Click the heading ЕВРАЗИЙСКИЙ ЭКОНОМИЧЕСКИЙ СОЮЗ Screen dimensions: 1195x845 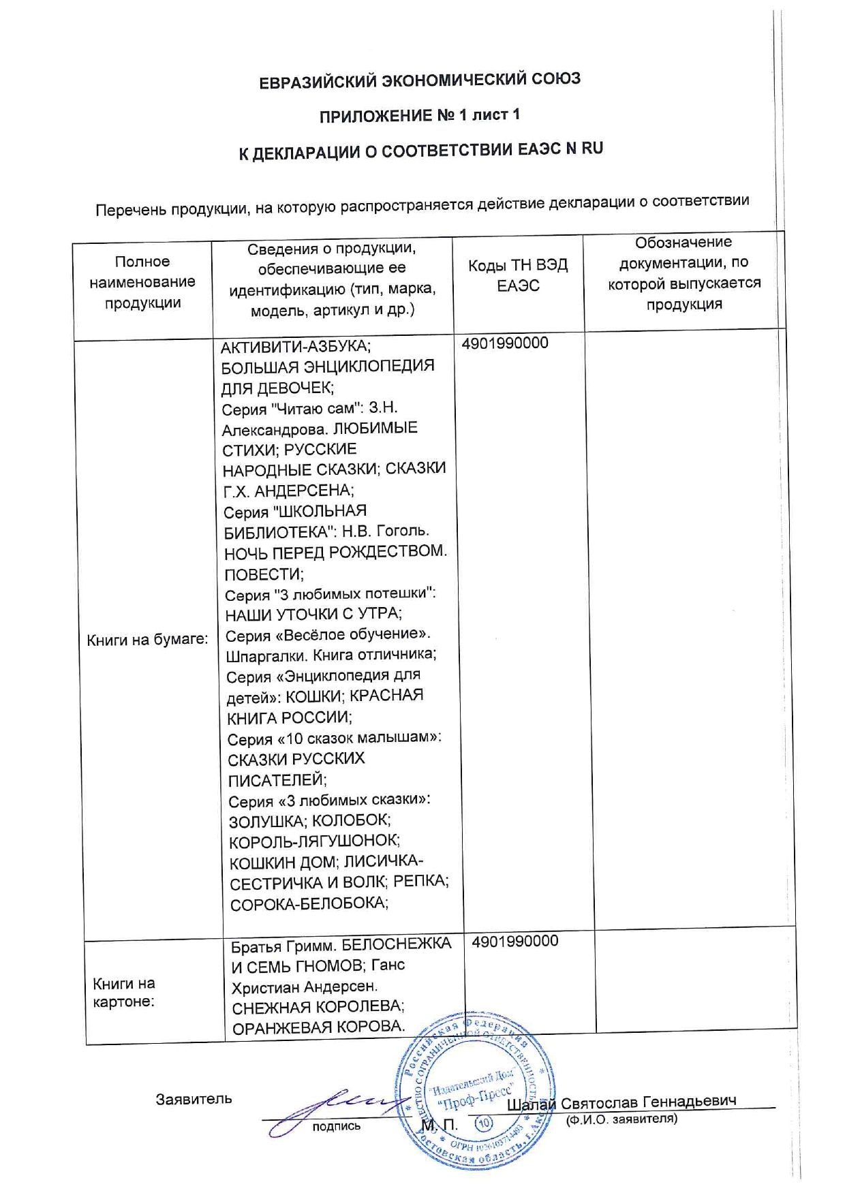(420, 80)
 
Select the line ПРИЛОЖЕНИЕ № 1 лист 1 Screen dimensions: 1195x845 (420, 115)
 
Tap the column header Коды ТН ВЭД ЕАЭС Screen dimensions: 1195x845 (518, 275)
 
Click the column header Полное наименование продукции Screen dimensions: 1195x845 (142, 282)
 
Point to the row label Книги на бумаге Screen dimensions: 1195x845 (147, 640)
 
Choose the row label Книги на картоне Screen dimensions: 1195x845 (124, 992)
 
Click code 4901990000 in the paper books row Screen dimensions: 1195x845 (505, 343)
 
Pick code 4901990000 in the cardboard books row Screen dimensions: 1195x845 (515, 941)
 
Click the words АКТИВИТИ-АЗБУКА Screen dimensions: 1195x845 (296, 347)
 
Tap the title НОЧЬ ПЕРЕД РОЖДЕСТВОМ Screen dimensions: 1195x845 (335, 553)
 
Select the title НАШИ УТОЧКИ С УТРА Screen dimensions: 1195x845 (313, 614)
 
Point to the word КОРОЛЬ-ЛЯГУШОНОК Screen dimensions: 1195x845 (314, 841)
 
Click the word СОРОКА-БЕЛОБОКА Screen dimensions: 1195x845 (309, 904)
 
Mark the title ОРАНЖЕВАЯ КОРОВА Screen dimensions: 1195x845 (318, 1027)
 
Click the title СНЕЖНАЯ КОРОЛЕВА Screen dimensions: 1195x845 (318, 1006)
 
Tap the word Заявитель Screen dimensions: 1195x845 (194, 1099)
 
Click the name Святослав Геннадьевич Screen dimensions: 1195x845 (648, 1102)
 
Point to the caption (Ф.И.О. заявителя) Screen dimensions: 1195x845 (621, 1119)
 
